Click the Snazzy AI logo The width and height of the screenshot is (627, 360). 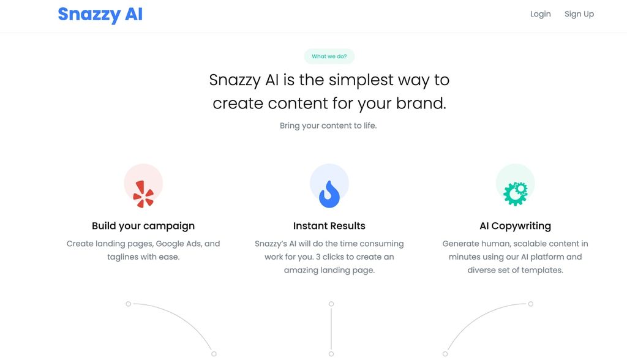click(x=100, y=14)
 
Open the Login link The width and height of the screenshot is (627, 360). click(x=540, y=14)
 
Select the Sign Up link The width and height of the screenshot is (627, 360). click(x=579, y=14)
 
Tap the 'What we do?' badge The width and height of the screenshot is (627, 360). click(x=329, y=56)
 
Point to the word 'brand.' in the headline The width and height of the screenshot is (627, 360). click(x=421, y=103)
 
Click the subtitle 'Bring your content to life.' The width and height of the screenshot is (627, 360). click(x=328, y=126)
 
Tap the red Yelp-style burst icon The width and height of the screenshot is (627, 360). click(x=144, y=193)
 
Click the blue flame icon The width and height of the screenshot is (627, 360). click(x=329, y=193)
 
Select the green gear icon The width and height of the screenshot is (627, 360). click(x=515, y=193)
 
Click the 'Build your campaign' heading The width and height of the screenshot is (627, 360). click(x=143, y=226)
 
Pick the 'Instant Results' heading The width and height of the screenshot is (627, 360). click(x=329, y=226)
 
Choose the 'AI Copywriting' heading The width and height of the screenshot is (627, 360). click(x=515, y=226)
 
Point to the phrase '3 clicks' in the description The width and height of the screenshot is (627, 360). click(x=333, y=257)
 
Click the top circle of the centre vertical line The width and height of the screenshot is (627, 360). click(x=331, y=304)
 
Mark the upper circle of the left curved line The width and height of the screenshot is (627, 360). click(x=128, y=304)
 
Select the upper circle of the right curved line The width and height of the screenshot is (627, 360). click(x=531, y=304)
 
